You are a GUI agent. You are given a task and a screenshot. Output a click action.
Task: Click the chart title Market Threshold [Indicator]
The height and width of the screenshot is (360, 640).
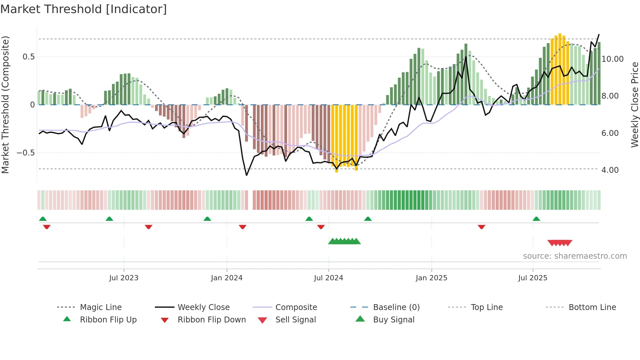tap(84, 9)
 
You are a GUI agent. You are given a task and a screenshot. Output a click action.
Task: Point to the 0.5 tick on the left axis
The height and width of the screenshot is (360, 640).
tap(28, 57)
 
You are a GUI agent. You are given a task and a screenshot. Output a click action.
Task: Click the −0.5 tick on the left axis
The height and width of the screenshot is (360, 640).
tap(26, 153)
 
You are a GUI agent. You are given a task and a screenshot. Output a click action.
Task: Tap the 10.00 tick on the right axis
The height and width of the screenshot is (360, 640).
tap(613, 59)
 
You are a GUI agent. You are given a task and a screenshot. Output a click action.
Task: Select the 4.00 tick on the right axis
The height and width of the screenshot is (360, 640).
tap(610, 170)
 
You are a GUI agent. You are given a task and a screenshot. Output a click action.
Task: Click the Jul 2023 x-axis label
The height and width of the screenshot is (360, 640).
tap(124, 278)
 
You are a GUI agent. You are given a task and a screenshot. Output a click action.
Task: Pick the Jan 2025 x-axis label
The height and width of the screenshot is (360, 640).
tap(431, 278)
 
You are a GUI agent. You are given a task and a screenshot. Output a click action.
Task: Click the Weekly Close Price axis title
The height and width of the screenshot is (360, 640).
tap(634, 105)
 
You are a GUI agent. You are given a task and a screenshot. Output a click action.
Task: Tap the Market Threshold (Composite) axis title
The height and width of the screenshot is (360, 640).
tap(5, 105)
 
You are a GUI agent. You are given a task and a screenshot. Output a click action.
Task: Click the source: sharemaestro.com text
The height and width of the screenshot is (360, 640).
tap(575, 256)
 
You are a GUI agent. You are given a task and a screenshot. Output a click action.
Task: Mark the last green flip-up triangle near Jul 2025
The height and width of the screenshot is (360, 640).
tap(536, 219)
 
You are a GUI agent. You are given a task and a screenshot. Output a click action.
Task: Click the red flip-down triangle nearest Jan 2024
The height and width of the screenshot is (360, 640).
tap(242, 227)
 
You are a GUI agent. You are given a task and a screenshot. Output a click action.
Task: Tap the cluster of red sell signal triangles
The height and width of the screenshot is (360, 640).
tap(560, 243)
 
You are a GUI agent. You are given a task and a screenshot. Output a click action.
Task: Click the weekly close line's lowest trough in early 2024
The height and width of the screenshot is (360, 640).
tap(247, 175)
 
